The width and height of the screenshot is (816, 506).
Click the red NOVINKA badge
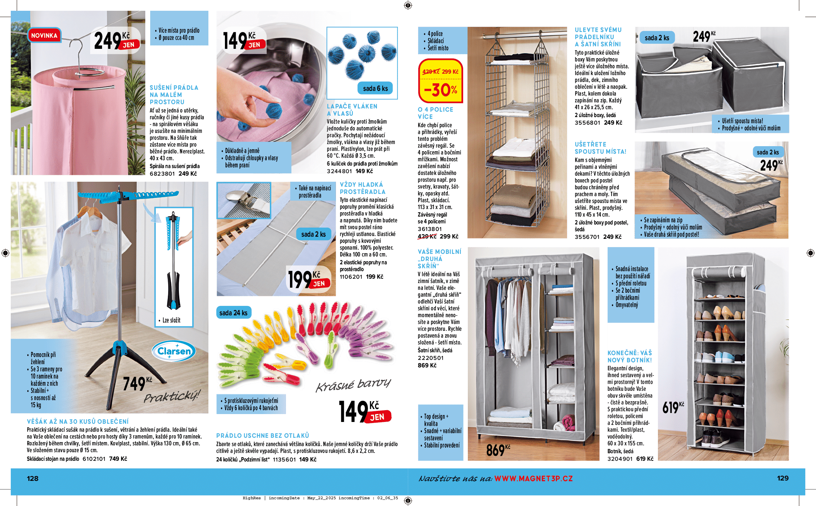pyautogui.click(x=44, y=36)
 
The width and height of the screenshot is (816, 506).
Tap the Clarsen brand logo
pyautogui.click(x=174, y=351)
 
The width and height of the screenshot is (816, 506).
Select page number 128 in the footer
pyautogui.click(x=33, y=478)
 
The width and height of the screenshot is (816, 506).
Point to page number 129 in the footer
pyautogui.click(x=783, y=478)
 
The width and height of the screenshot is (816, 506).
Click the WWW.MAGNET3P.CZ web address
pyautogui.click(x=533, y=478)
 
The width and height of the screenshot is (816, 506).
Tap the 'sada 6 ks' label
pyautogui.click(x=375, y=88)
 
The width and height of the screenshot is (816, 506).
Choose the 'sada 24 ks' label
pyautogui.click(x=233, y=313)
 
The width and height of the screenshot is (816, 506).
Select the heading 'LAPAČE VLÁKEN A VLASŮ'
pyautogui.click(x=352, y=110)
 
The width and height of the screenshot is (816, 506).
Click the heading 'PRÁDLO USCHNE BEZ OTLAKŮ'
pyautogui.click(x=262, y=436)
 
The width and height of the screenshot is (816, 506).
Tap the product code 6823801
pyautogui.click(x=162, y=174)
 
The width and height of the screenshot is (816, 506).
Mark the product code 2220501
pyautogui.click(x=430, y=358)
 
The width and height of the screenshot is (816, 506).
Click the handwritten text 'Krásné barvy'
pyautogui.click(x=353, y=385)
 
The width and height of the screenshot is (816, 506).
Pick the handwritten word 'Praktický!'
pyautogui.click(x=172, y=396)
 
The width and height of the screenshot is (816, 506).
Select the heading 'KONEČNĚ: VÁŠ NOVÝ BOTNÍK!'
pyautogui.click(x=630, y=356)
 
